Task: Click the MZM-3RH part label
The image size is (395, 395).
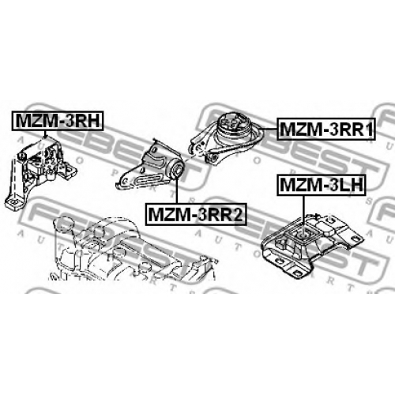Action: [x=57, y=121]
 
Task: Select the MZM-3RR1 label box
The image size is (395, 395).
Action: [x=326, y=129]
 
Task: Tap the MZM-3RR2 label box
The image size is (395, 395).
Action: [x=196, y=214]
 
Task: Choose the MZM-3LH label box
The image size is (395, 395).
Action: [x=322, y=185]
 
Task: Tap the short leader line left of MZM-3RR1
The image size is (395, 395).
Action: [x=268, y=129]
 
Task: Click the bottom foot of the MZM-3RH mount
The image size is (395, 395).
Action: [x=15, y=203]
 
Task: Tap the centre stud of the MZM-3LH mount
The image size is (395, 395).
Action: [x=303, y=234]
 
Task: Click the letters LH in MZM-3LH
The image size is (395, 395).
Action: [x=350, y=185]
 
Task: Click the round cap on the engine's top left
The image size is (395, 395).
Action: [x=64, y=223]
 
